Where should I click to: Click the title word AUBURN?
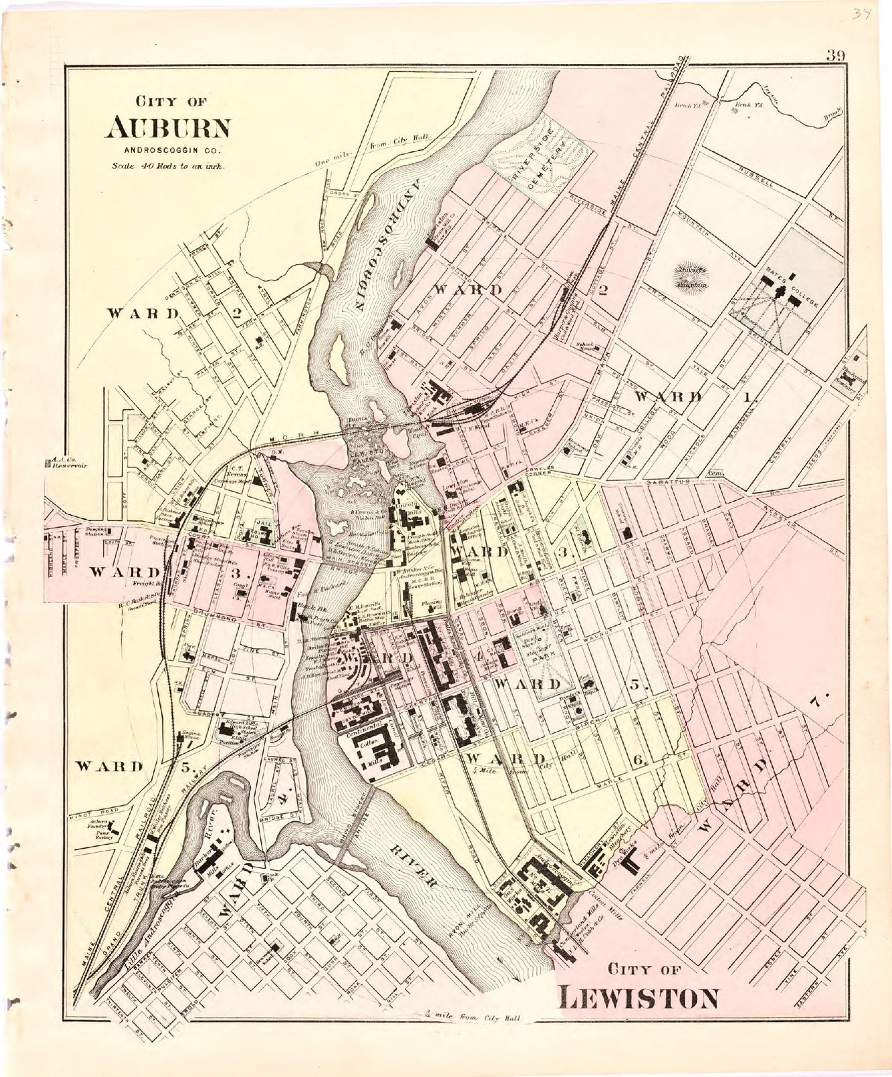[168, 127]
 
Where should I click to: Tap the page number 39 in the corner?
[835, 56]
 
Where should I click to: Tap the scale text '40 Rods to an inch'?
[168, 165]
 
